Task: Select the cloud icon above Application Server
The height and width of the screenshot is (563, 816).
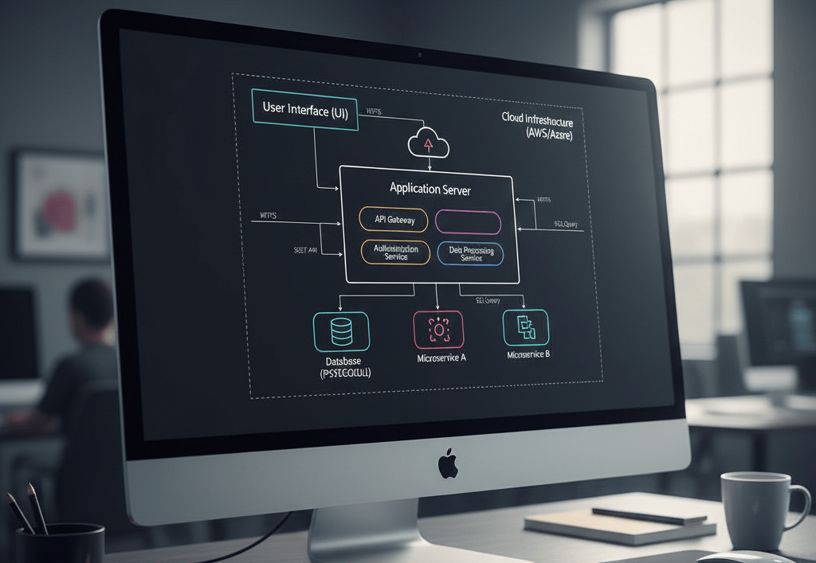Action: click(429, 144)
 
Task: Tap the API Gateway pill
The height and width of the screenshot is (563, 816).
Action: click(394, 221)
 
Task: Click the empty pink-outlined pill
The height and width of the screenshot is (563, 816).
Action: click(469, 223)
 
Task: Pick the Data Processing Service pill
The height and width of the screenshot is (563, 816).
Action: click(471, 253)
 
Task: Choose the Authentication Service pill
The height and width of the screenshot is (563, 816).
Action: click(396, 252)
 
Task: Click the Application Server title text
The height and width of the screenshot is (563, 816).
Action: click(430, 190)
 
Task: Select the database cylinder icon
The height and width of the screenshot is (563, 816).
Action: click(341, 331)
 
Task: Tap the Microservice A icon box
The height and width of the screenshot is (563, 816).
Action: click(437, 330)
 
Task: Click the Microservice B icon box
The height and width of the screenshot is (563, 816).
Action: click(526, 327)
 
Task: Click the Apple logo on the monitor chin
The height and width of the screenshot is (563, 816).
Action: click(449, 463)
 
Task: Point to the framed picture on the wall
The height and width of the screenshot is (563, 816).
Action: click(61, 205)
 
